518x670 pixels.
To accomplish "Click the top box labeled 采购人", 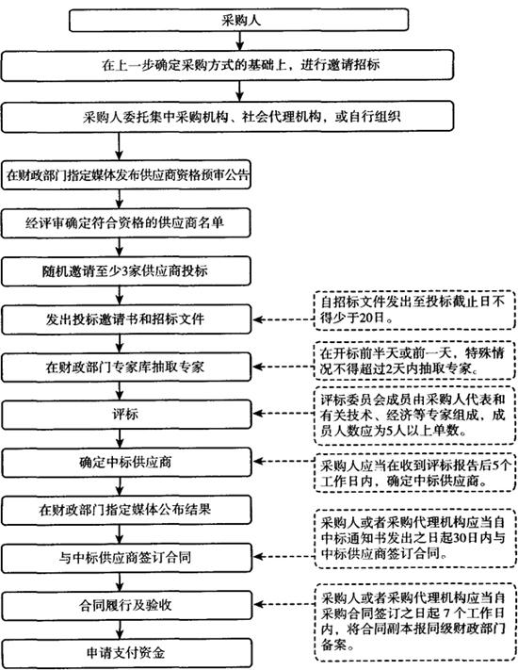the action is tap(238, 20).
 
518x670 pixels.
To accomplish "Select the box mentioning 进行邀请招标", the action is tap(227, 65).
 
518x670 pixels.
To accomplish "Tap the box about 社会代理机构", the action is tap(227, 117).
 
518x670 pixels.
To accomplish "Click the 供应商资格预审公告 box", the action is tap(126, 174).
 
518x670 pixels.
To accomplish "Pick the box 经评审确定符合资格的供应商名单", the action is tap(126, 222).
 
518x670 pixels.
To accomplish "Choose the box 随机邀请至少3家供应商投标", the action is tap(126, 270).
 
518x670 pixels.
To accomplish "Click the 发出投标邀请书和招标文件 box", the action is tap(126, 319).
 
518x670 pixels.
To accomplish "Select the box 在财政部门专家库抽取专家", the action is tap(126, 367).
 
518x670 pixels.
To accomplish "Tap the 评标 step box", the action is tap(126, 414).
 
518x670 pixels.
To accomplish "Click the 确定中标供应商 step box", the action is tap(126, 462).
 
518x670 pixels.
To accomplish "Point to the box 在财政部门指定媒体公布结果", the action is tap(126, 510).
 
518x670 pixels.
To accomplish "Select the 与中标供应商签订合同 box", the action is tap(126, 558).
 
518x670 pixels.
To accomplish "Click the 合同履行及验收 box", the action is tap(126, 606).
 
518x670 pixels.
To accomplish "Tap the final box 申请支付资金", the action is tap(126, 653).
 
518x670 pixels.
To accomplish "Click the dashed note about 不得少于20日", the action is tap(414, 310).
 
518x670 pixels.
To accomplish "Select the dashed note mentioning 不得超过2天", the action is tap(414, 360).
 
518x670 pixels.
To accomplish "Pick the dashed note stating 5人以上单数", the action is tap(414, 415).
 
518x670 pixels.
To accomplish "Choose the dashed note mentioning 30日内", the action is tap(415, 538).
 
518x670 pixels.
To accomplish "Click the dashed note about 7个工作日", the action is tap(415, 622).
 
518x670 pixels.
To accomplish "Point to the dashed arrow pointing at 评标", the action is tap(284, 414).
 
